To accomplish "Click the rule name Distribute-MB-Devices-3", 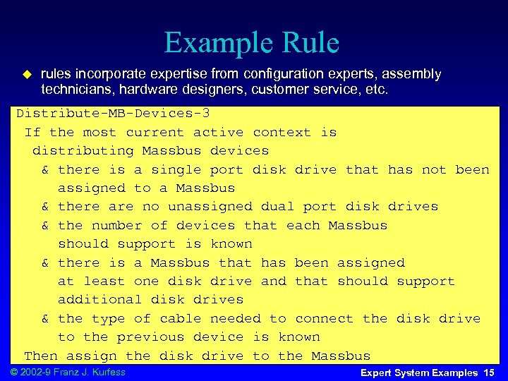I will point(113,114).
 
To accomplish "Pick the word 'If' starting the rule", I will point(32,132).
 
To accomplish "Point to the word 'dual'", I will point(277,207).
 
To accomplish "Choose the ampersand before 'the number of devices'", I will point(44,225).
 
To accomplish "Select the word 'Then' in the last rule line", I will point(41,356).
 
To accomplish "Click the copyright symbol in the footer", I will point(8,372).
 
